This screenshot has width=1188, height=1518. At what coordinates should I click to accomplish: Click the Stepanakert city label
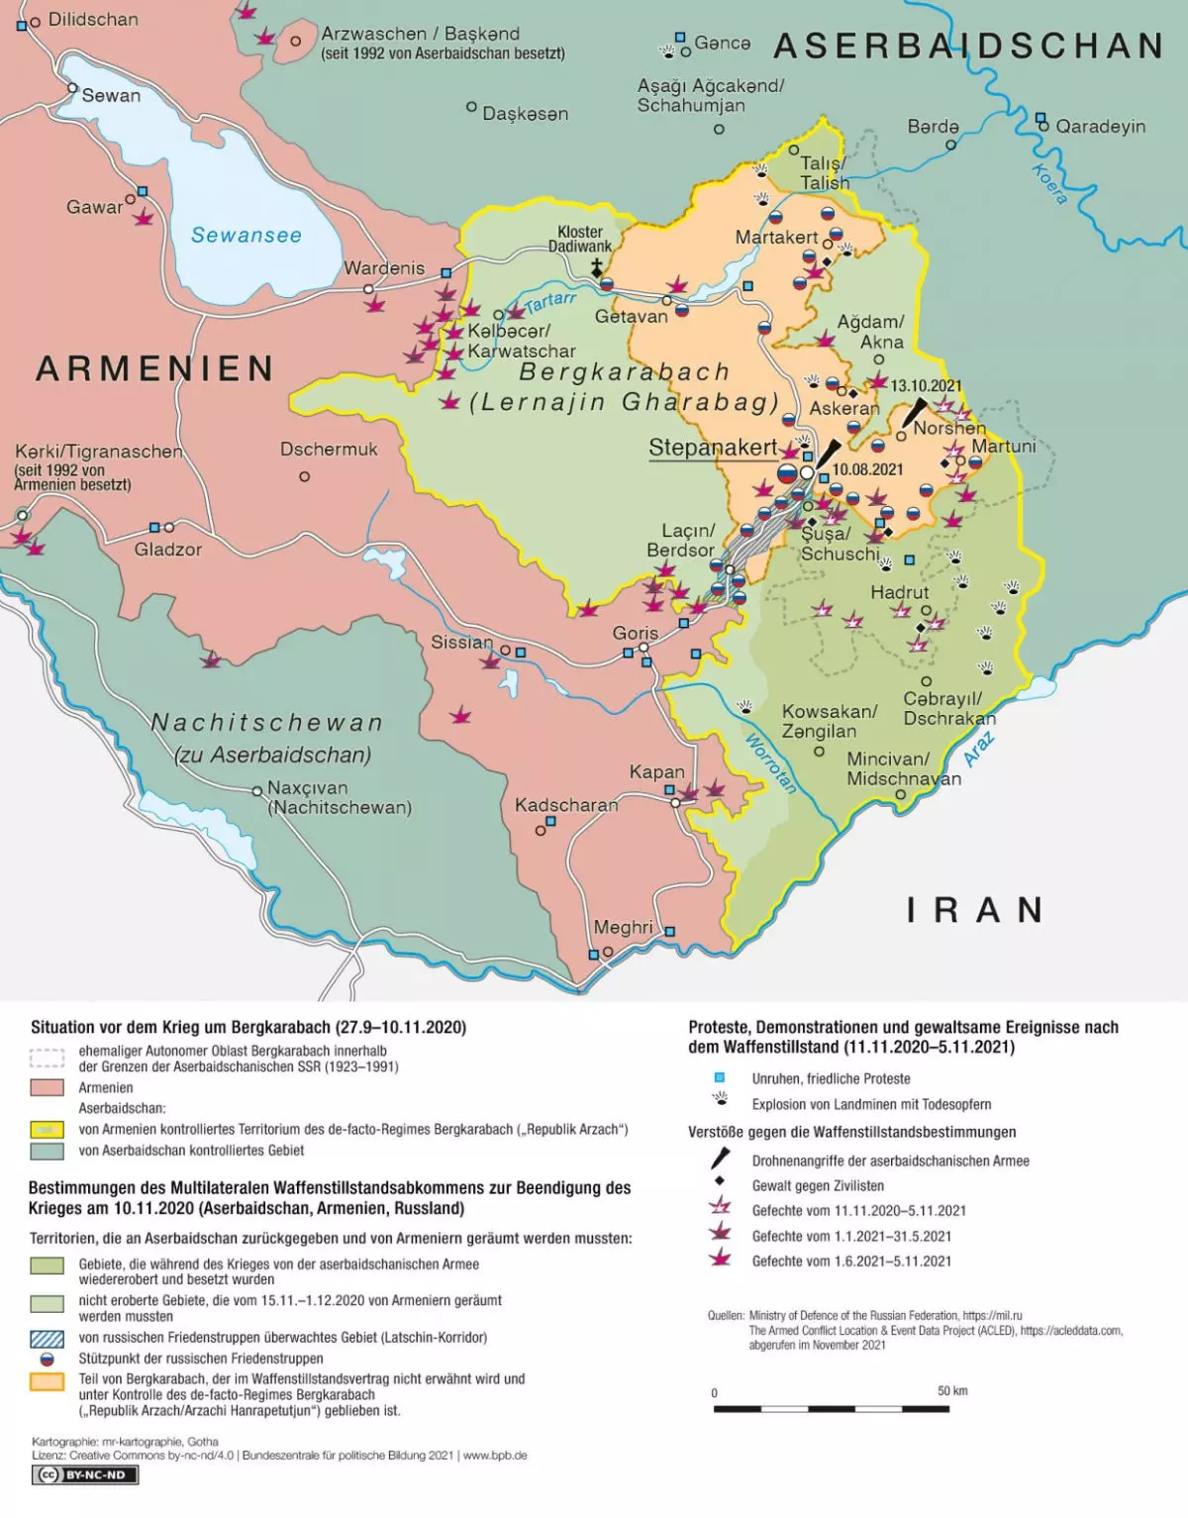[713, 448]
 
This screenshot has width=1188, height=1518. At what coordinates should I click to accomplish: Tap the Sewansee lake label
[246, 235]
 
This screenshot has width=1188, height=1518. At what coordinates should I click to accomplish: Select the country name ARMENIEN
[155, 368]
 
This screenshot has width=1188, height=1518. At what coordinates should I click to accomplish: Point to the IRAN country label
[975, 910]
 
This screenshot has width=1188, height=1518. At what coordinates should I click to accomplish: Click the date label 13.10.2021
[926, 386]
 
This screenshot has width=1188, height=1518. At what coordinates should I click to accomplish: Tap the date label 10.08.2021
[867, 469]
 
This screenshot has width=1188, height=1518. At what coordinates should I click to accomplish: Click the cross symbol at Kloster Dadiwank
[597, 266]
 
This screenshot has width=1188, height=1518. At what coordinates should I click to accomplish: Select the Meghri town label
[623, 927]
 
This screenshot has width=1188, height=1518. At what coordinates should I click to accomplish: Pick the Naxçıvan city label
[307, 788]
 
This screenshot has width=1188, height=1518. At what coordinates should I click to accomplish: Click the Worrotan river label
[770, 762]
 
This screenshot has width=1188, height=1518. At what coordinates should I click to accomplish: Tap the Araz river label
[979, 750]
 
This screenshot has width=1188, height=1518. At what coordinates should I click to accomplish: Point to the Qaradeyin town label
[1100, 127]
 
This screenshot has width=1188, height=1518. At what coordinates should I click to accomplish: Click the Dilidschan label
[93, 19]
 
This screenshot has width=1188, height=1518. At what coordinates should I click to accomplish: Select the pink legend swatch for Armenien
[47, 1087]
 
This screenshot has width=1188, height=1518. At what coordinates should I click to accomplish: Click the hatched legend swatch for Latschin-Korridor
[47, 1338]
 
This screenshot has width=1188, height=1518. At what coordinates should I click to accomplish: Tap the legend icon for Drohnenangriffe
[721, 1160]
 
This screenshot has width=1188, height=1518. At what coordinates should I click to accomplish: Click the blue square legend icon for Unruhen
[720, 1078]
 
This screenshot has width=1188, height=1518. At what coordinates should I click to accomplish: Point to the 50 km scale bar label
[952, 1391]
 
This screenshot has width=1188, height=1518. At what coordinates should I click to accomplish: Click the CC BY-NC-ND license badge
[85, 1475]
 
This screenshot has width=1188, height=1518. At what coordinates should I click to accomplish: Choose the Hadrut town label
[899, 592]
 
